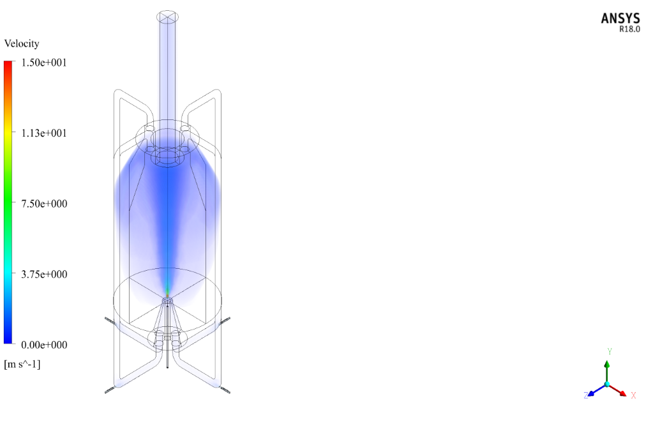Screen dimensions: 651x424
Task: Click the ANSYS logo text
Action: (x=620, y=19)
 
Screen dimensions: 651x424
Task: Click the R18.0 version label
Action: (x=629, y=29)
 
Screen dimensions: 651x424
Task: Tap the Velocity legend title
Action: (x=22, y=43)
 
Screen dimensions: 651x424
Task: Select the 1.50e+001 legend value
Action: (x=44, y=63)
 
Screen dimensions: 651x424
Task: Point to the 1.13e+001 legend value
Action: (x=44, y=133)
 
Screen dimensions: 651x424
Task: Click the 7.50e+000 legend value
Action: (x=44, y=204)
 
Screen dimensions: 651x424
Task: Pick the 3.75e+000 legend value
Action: (x=44, y=275)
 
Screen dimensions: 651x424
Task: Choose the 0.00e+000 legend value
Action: (x=44, y=345)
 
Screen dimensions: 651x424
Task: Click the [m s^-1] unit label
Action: (x=22, y=364)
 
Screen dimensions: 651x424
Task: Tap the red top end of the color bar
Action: (x=8, y=63)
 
